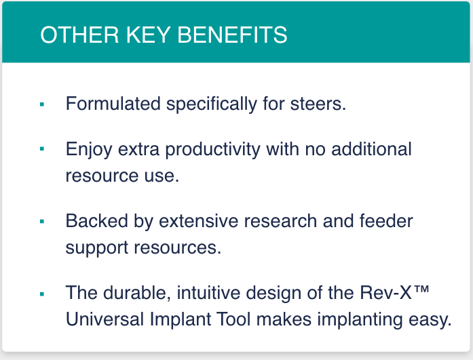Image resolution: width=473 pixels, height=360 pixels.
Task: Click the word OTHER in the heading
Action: pyautogui.click(x=79, y=35)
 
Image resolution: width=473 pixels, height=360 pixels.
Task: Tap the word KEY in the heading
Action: pyautogui.click(x=148, y=35)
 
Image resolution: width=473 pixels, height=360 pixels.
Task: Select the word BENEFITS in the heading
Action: pyautogui.click(x=232, y=35)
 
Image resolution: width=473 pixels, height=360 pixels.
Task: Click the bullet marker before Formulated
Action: pyautogui.click(x=42, y=104)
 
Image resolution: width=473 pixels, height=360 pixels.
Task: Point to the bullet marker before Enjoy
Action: pyautogui.click(x=42, y=148)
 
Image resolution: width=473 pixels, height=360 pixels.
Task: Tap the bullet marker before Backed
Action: pyautogui.click(x=42, y=222)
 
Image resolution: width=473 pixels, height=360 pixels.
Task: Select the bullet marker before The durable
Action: pyautogui.click(x=42, y=294)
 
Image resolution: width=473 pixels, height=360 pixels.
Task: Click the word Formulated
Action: pyautogui.click(x=113, y=104)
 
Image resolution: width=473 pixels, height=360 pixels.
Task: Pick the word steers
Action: pyautogui.click(x=318, y=104)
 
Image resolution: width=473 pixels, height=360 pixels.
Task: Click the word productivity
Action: pyautogui.click(x=212, y=150)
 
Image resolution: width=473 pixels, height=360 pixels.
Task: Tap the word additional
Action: pyautogui.click(x=371, y=148)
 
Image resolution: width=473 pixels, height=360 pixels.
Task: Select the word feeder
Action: pyautogui.click(x=386, y=221)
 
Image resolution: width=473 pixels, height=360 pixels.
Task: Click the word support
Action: pyautogui.click(x=97, y=248)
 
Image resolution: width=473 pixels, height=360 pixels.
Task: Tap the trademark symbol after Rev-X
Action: pyautogui.click(x=421, y=289)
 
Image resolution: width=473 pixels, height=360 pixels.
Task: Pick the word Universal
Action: pyautogui.click(x=105, y=319)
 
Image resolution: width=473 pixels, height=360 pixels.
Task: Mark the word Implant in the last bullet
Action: pyautogui.click(x=181, y=320)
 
